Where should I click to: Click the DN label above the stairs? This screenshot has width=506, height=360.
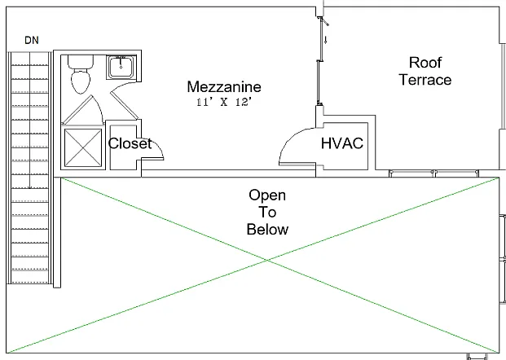32,41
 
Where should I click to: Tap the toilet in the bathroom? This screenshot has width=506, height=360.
81,74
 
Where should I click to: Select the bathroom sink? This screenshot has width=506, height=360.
121,67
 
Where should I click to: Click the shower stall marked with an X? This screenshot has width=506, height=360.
83,147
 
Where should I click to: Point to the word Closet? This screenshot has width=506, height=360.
130,143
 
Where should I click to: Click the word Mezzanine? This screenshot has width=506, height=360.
224,87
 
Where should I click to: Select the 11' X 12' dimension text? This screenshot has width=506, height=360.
224,103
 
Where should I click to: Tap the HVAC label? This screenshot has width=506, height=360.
342,143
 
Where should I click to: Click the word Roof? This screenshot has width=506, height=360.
425,62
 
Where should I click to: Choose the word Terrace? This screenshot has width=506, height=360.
425,80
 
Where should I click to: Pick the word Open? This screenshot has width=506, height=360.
267,195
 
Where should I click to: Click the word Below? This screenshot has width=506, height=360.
267,230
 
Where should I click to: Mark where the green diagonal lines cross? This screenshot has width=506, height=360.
267,260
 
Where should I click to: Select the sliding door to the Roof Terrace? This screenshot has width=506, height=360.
319,61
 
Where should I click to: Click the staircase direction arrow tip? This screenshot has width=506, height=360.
30,188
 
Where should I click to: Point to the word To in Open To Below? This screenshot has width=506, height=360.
267,213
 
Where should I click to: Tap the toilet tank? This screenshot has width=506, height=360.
81,62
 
